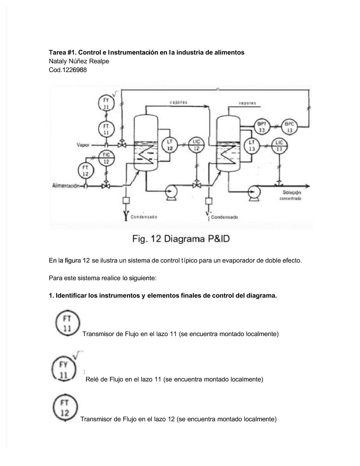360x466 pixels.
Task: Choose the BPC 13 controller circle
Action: click(x=289, y=127)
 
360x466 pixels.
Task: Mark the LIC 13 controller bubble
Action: click(x=279, y=146)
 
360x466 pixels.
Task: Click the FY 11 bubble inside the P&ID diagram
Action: click(x=106, y=103)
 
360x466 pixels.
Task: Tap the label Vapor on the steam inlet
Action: click(x=83, y=145)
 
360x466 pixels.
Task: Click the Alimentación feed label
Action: click(x=66, y=186)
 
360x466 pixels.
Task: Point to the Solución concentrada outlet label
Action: click(x=292, y=195)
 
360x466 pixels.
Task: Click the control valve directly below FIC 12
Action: click(x=106, y=186)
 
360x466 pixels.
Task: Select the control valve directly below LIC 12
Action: click(x=197, y=185)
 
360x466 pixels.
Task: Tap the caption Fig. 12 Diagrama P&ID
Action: click(x=181, y=239)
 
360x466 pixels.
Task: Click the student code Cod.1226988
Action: click(x=68, y=70)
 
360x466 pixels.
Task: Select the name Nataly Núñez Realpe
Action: click(x=79, y=61)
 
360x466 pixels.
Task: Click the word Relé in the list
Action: click(x=92, y=379)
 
